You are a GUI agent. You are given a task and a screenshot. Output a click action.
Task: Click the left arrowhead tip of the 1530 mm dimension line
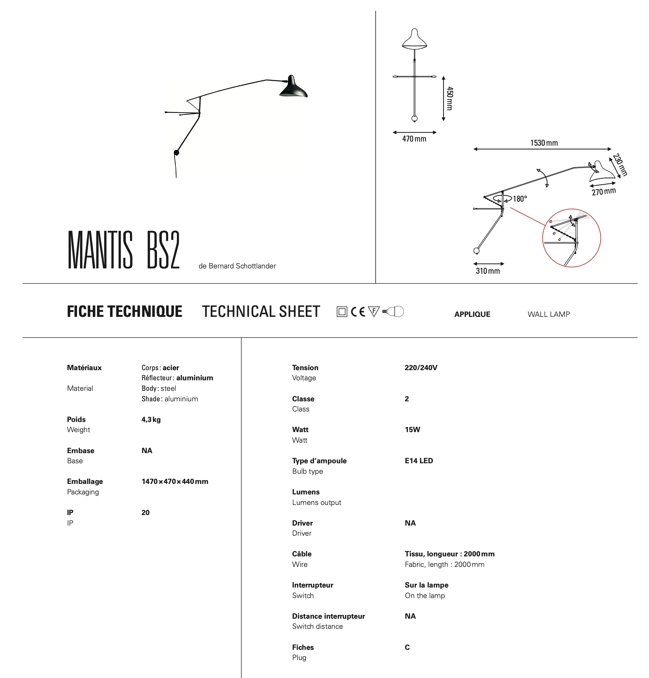[474, 149]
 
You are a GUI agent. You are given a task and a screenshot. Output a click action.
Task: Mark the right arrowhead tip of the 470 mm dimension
[436, 132]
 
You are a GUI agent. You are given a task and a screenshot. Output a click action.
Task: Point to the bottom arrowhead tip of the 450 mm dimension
[444, 121]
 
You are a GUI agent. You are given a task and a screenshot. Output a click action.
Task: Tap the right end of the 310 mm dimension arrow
[504, 264]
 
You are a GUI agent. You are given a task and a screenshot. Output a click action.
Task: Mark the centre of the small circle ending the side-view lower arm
[476, 250]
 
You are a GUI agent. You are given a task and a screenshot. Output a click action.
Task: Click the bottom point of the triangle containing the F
[374, 316]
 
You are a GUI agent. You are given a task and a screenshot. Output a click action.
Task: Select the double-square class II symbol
[342, 312]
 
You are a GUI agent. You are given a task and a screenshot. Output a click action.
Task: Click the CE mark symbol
[358, 312]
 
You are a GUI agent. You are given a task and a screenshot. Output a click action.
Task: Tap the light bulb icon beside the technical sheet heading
[393, 311]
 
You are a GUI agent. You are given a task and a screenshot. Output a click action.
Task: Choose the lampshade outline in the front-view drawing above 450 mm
[414, 39]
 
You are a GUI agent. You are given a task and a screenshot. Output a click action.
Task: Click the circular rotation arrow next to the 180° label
[502, 198]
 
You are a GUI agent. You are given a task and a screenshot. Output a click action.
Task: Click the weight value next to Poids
[151, 419]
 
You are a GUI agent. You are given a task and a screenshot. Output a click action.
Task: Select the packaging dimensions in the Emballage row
[175, 481]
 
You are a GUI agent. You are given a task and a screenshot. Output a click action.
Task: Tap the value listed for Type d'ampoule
[419, 461]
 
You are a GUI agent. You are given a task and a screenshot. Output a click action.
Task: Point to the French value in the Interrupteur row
[426, 585]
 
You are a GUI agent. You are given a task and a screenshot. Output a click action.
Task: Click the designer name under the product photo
[237, 266]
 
